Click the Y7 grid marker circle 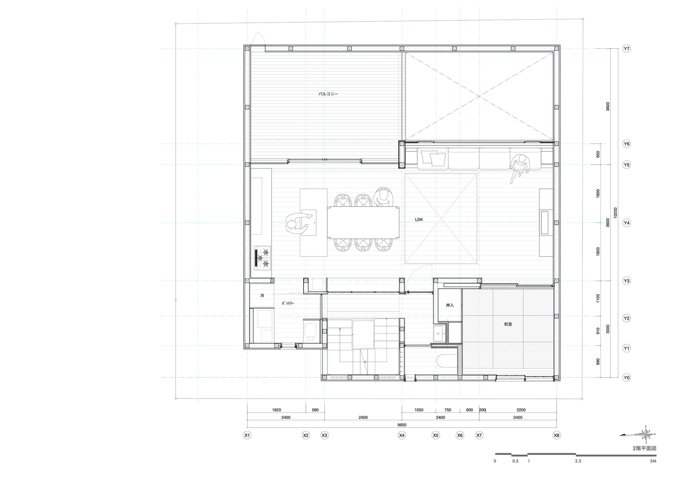[626, 49]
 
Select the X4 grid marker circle [402, 435]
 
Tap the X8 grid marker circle [557, 435]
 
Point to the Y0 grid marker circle [626, 377]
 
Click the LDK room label [419, 219]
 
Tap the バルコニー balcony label [328, 94]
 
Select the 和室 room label [508, 324]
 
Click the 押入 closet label [450, 305]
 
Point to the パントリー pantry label [288, 303]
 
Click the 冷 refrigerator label [262, 295]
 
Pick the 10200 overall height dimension [615, 213]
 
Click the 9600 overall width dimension [402, 425]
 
